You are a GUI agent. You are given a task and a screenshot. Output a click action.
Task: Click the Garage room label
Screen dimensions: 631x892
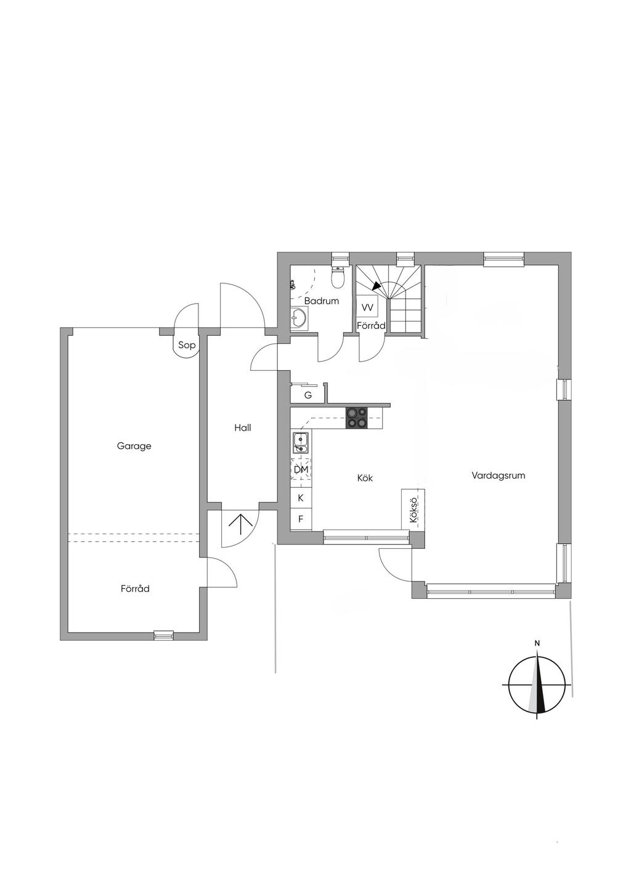pyautogui.click(x=134, y=446)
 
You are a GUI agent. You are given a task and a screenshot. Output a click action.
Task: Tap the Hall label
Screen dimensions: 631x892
pyautogui.click(x=243, y=428)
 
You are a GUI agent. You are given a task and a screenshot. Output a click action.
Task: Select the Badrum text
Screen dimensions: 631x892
pyautogui.click(x=322, y=301)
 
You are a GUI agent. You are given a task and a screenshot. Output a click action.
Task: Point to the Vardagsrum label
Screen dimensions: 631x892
pyautogui.click(x=499, y=476)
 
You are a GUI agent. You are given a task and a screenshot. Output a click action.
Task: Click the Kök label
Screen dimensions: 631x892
pyautogui.click(x=365, y=478)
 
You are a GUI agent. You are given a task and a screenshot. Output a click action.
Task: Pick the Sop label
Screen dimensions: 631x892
pyautogui.click(x=187, y=345)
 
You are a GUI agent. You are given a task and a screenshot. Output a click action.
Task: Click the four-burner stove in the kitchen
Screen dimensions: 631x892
pyautogui.click(x=357, y=418)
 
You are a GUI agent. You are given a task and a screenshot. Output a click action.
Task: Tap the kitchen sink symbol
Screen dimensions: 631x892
pyautogui.click(x=300, y=443)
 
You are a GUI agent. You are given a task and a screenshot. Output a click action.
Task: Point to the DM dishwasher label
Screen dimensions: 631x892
pyautogui.click(x=301, y=470)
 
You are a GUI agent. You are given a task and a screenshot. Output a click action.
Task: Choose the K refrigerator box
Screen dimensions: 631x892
pyautogui.click(x=301, y=498)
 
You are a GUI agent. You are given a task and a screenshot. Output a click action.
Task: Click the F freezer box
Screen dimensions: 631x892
pyautogui.click(x=301, y=519)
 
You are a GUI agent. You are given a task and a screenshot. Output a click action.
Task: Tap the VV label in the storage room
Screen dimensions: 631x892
pyautogui.click(x=367, y=307)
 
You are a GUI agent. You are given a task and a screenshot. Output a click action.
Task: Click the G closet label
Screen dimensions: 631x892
pyautogui.click(x=307, y=395)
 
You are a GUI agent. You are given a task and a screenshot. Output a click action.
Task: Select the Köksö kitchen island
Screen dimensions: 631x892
pyautogui.click(x=413, y=509)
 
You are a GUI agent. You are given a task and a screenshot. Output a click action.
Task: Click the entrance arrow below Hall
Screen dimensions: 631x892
pyautogui.click(x=240, y=524)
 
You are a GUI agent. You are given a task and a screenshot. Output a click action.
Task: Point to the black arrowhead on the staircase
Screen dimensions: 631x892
pyautogui.click(x=376, y=286)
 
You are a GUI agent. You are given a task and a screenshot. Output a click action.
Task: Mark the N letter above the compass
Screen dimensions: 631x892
pyautogui.click(x=537, y=643)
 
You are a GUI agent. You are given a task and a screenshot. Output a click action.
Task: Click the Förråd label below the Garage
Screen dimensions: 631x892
pyautogui.click(x=135, y=588)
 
